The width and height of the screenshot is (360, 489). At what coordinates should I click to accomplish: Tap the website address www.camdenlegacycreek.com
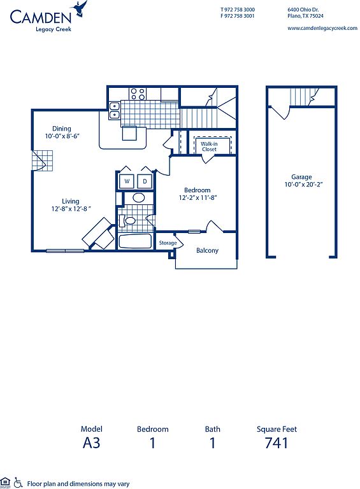[x=322, y=28]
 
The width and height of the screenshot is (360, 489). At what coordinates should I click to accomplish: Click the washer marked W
[x=127, y=181]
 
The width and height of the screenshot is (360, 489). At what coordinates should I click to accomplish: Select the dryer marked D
[x=145, y=181]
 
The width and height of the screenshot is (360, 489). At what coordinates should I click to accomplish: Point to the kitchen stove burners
[x=138, y=94]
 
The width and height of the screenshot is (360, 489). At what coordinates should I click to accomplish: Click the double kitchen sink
[x=115, y=110]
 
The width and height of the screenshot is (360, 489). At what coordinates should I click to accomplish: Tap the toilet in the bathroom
[x=127, y=221]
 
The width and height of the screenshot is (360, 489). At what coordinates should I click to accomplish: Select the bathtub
[x=135, y=241]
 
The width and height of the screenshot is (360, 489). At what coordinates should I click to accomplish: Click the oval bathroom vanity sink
[x=139, y=198]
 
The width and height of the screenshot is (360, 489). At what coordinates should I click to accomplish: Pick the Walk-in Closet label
[x=209, y=146]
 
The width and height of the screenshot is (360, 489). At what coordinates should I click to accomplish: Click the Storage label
[x=168, y=243]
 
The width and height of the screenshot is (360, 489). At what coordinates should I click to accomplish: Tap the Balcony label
[x=207, y=250]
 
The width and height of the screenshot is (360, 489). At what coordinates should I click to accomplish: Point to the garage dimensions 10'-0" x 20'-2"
[x=303, y=184]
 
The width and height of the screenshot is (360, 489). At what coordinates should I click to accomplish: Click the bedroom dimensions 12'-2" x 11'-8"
[x=198, y=197]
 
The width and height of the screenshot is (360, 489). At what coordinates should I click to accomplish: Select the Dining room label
[x=61, y=129]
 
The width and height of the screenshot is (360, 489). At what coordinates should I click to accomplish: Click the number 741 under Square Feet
[x=277, y=443]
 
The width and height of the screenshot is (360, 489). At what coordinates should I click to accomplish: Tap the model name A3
[x=91, y=443]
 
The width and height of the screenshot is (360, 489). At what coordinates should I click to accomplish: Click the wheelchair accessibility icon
[x=18, y=483]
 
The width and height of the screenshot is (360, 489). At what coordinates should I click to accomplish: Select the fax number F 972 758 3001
[x=238, y=16]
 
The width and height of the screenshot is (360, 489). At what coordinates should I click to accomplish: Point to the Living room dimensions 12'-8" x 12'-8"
[x=71, y=209]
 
